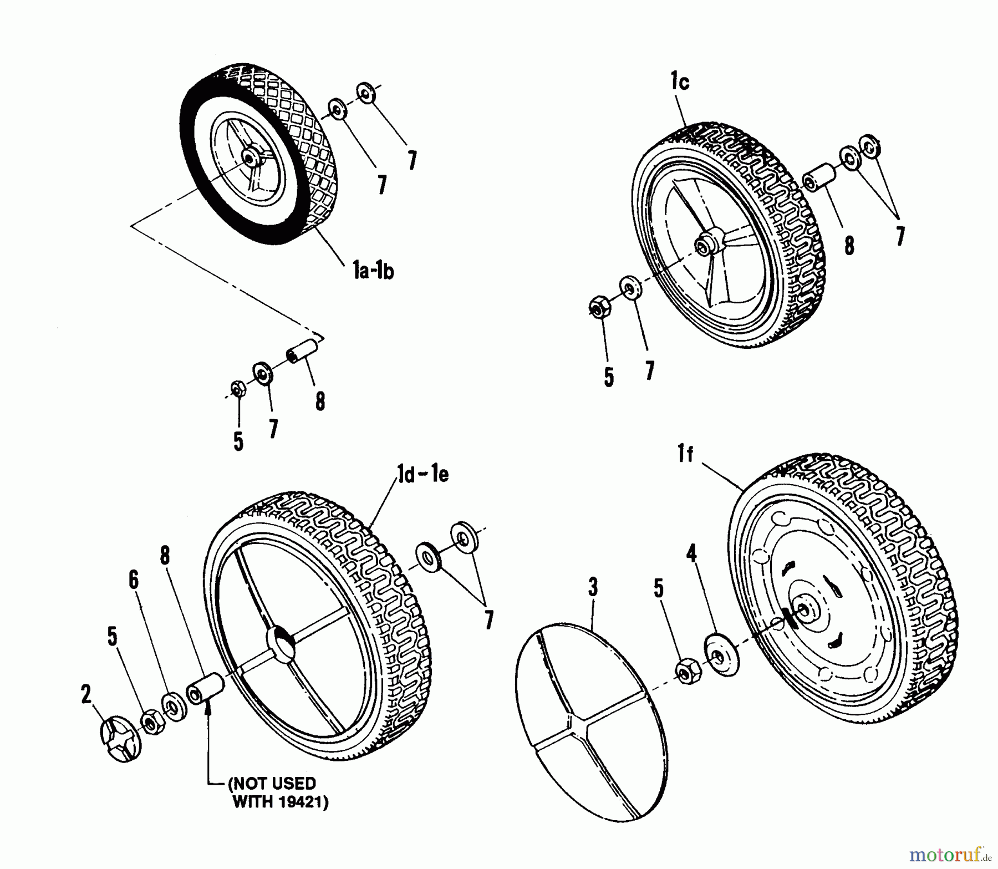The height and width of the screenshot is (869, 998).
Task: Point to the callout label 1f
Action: (x=685, y=455)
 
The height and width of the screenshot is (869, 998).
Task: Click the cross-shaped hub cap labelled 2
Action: (x=121, y=740)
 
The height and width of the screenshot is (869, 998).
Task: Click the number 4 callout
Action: (x=691, y=554)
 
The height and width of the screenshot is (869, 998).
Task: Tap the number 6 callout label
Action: (x=133, y=580)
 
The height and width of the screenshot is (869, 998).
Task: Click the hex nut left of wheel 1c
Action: (x=599, y=307)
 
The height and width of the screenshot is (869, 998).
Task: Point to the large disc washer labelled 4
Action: (x=721, y=655)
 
